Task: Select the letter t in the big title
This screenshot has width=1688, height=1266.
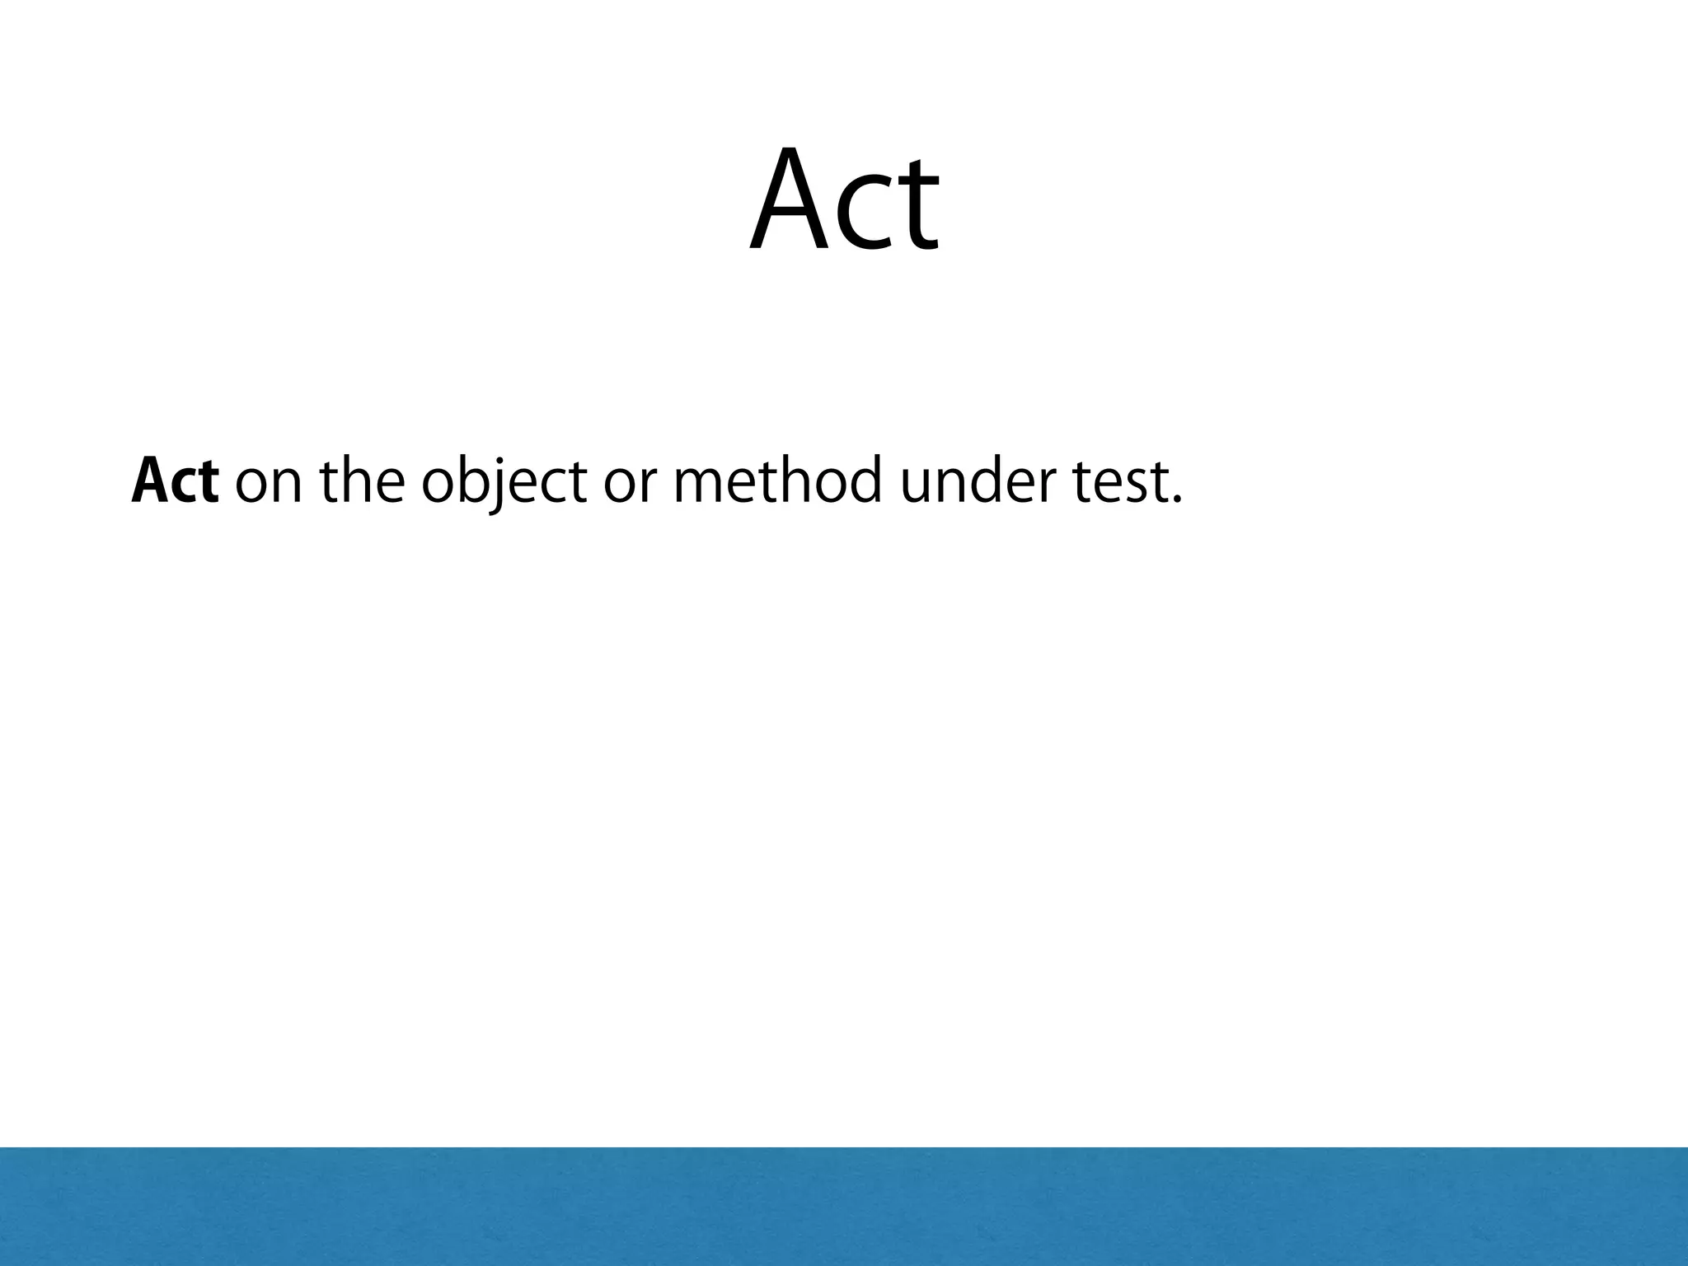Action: (917, 206)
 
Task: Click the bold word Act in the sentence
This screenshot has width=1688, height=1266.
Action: (175, 482)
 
